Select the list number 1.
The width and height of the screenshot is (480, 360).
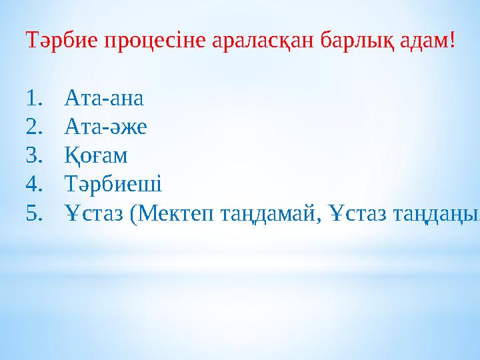tap(34, 99)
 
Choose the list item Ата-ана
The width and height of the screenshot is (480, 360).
tap(103, 99)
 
